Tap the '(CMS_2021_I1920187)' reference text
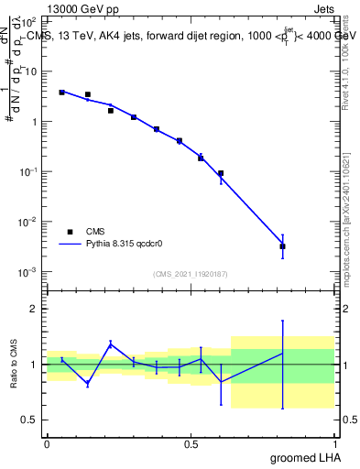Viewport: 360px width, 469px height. tap(191, 274)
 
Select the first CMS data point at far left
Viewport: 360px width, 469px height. tap(61, 93)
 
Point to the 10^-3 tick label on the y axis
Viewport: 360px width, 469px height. tap(29, 272)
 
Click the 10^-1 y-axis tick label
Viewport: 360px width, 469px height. tap(29, 172)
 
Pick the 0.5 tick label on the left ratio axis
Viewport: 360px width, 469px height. tap(29, 420)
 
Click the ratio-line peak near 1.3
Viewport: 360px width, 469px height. tap(111, 344)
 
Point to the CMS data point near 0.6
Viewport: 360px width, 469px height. tap(221, 173)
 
